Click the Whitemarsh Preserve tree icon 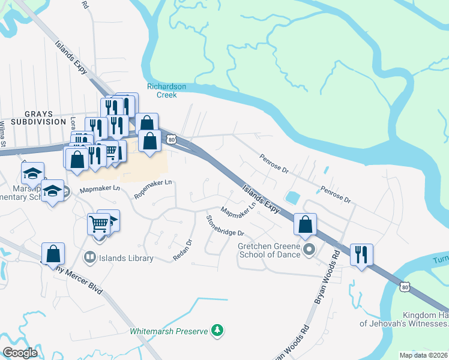(217, 331)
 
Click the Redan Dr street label (182, 250)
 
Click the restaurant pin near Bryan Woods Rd (361, 254)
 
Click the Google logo (20, 352)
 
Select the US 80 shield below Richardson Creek (172, 139)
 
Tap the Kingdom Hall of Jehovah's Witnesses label (404, 320)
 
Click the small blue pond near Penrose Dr (293, 197)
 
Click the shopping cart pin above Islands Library (99, 224)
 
